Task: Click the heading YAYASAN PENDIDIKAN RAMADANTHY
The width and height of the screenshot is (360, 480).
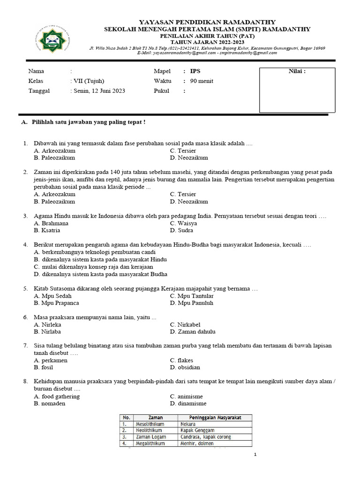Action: (207, 22)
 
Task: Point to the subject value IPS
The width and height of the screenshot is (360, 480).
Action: (194, 71)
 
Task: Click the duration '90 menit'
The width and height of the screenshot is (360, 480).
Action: (201, 81)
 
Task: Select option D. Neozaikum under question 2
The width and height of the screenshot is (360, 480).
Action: (189, 202)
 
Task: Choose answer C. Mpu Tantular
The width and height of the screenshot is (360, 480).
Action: (192, 296)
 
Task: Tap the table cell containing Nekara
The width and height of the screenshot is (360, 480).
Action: (188, 424)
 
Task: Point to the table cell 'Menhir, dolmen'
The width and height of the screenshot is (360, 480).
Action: (197, 443)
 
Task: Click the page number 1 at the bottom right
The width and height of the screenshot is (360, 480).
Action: (255, 455)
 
